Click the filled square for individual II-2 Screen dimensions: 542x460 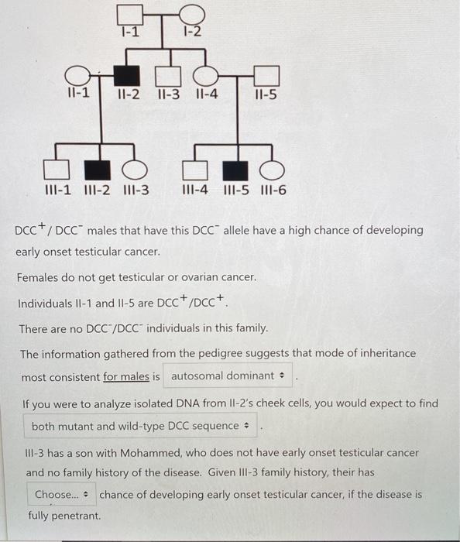pyautogui.click(x=128, y=76)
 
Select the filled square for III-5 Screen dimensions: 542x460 pyautogui.click(x=235, y=168)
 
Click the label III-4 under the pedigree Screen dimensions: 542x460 pyautogui.click(x=194, y=190)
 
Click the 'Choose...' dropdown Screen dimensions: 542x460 pyautogui.click(x=62, y=495)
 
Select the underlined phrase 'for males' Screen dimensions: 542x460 pyautogui.click(x=132, y=376)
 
